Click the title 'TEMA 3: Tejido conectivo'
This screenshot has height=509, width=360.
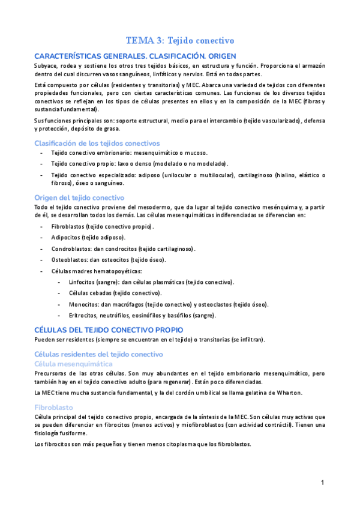[x=180, y=40]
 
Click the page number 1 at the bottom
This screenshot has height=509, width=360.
[x=322, y=482]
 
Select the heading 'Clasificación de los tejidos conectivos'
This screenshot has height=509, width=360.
[x=97, y=143]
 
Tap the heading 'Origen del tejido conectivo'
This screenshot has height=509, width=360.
[x=79, y=197]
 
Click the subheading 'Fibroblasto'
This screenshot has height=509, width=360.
[x=53, y=406]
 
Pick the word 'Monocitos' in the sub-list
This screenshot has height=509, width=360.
[x=84, y=304]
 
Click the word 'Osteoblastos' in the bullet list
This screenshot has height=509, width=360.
[x=69, y=260]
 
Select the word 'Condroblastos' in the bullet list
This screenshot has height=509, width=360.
[x=71, y=248]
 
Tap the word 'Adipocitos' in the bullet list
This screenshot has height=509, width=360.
[x=65, y=238]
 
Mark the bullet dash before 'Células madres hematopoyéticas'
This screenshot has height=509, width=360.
[x=41, y=271]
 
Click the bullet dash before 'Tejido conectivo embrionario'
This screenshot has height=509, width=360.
[x=41, y=153]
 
